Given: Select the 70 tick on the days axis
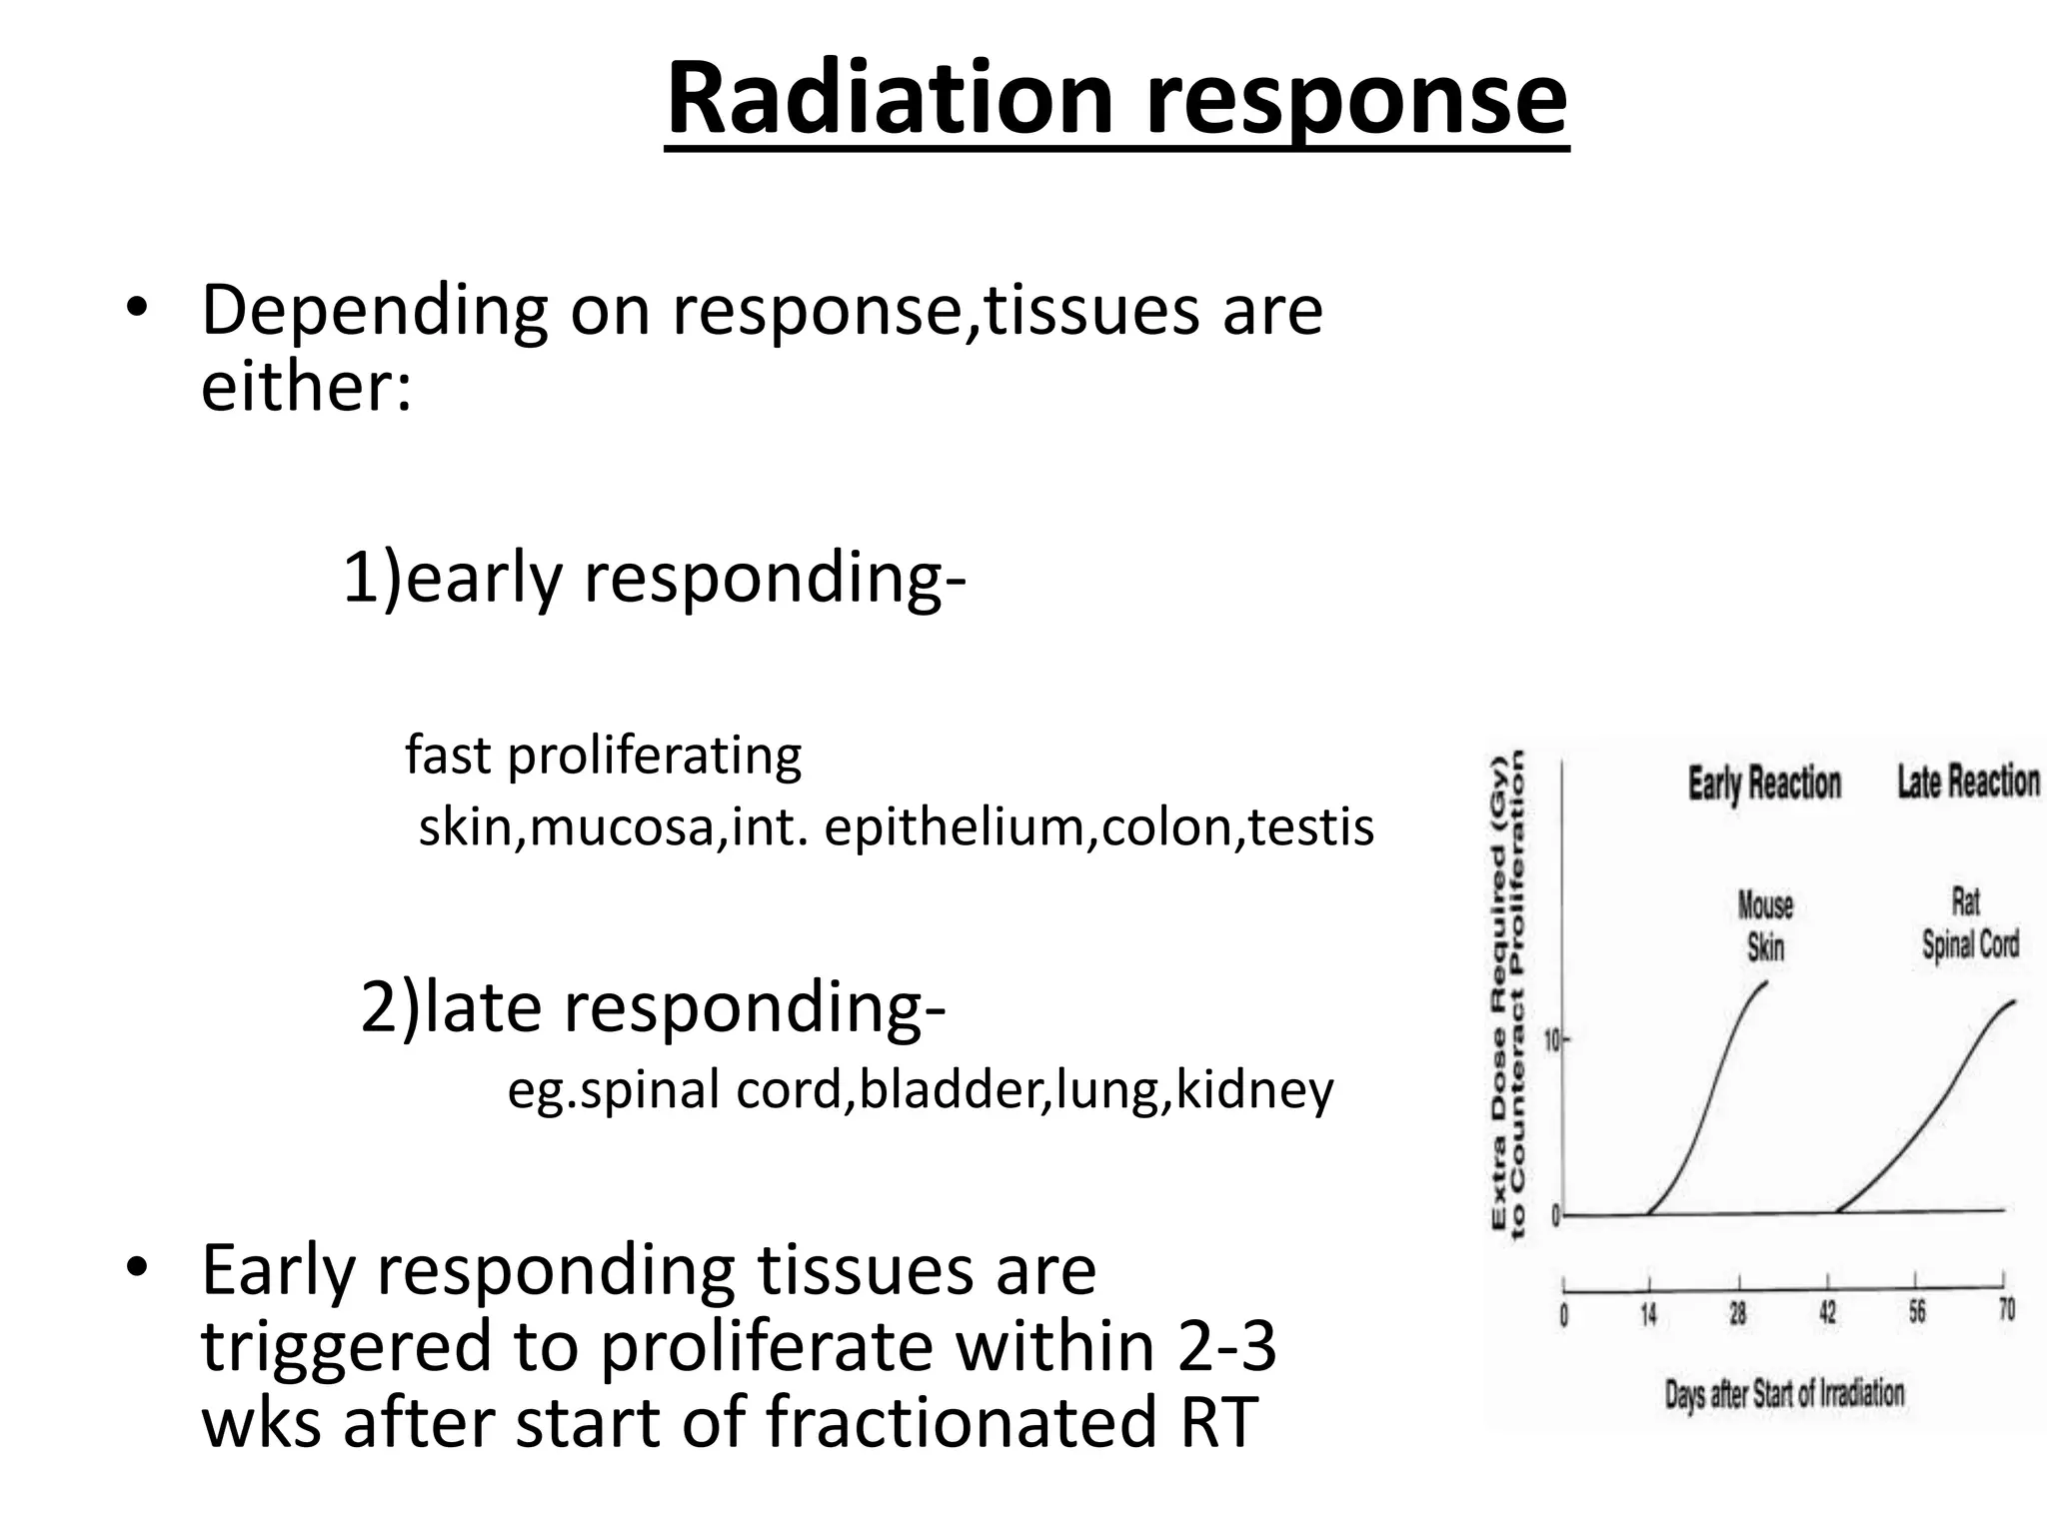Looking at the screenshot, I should [2005, 1309].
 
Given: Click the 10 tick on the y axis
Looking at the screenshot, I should [1552, 1041].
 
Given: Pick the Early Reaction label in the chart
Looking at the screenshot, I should [1764, 782].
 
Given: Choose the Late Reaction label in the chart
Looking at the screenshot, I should [1968, 780].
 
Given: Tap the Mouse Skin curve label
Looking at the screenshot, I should [1765, 925].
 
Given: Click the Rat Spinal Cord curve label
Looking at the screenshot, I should [1969, 923].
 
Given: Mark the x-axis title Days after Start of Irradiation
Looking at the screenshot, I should [1784, 1393].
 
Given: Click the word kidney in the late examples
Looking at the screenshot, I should [1254, 1089].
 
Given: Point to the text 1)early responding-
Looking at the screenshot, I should [654, 578].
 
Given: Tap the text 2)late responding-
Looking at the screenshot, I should [653, 1007].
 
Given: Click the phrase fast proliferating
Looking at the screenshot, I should [603, 756].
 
